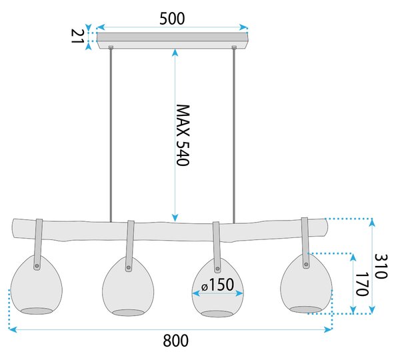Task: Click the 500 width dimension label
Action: (x=172, y=19)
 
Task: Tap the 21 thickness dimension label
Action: (x=77, y=36)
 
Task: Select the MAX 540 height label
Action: (x=183, y=135)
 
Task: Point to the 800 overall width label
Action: (x=175, y=341)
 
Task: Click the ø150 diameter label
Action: (x=217, y=285)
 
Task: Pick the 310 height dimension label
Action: (x=381, y=266)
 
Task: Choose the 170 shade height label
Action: (x=362, y=284)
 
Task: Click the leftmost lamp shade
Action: (x=36, y=285)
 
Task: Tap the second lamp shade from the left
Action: (x=128, y=286)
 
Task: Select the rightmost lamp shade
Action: (x=306, y=283)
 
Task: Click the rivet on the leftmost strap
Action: (x=37, y=266)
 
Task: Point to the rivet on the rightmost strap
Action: (x=306, y=264)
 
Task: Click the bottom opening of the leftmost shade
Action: (x=36, y=311)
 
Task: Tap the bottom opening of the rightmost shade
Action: (x=306, y=310)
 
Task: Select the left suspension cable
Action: (x=111, y=135)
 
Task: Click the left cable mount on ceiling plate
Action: (x=111, y=47)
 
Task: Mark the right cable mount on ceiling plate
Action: (x=234, y=47)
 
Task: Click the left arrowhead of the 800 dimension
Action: (x=12, y=329)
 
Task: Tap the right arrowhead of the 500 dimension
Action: (x=243, y=27)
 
